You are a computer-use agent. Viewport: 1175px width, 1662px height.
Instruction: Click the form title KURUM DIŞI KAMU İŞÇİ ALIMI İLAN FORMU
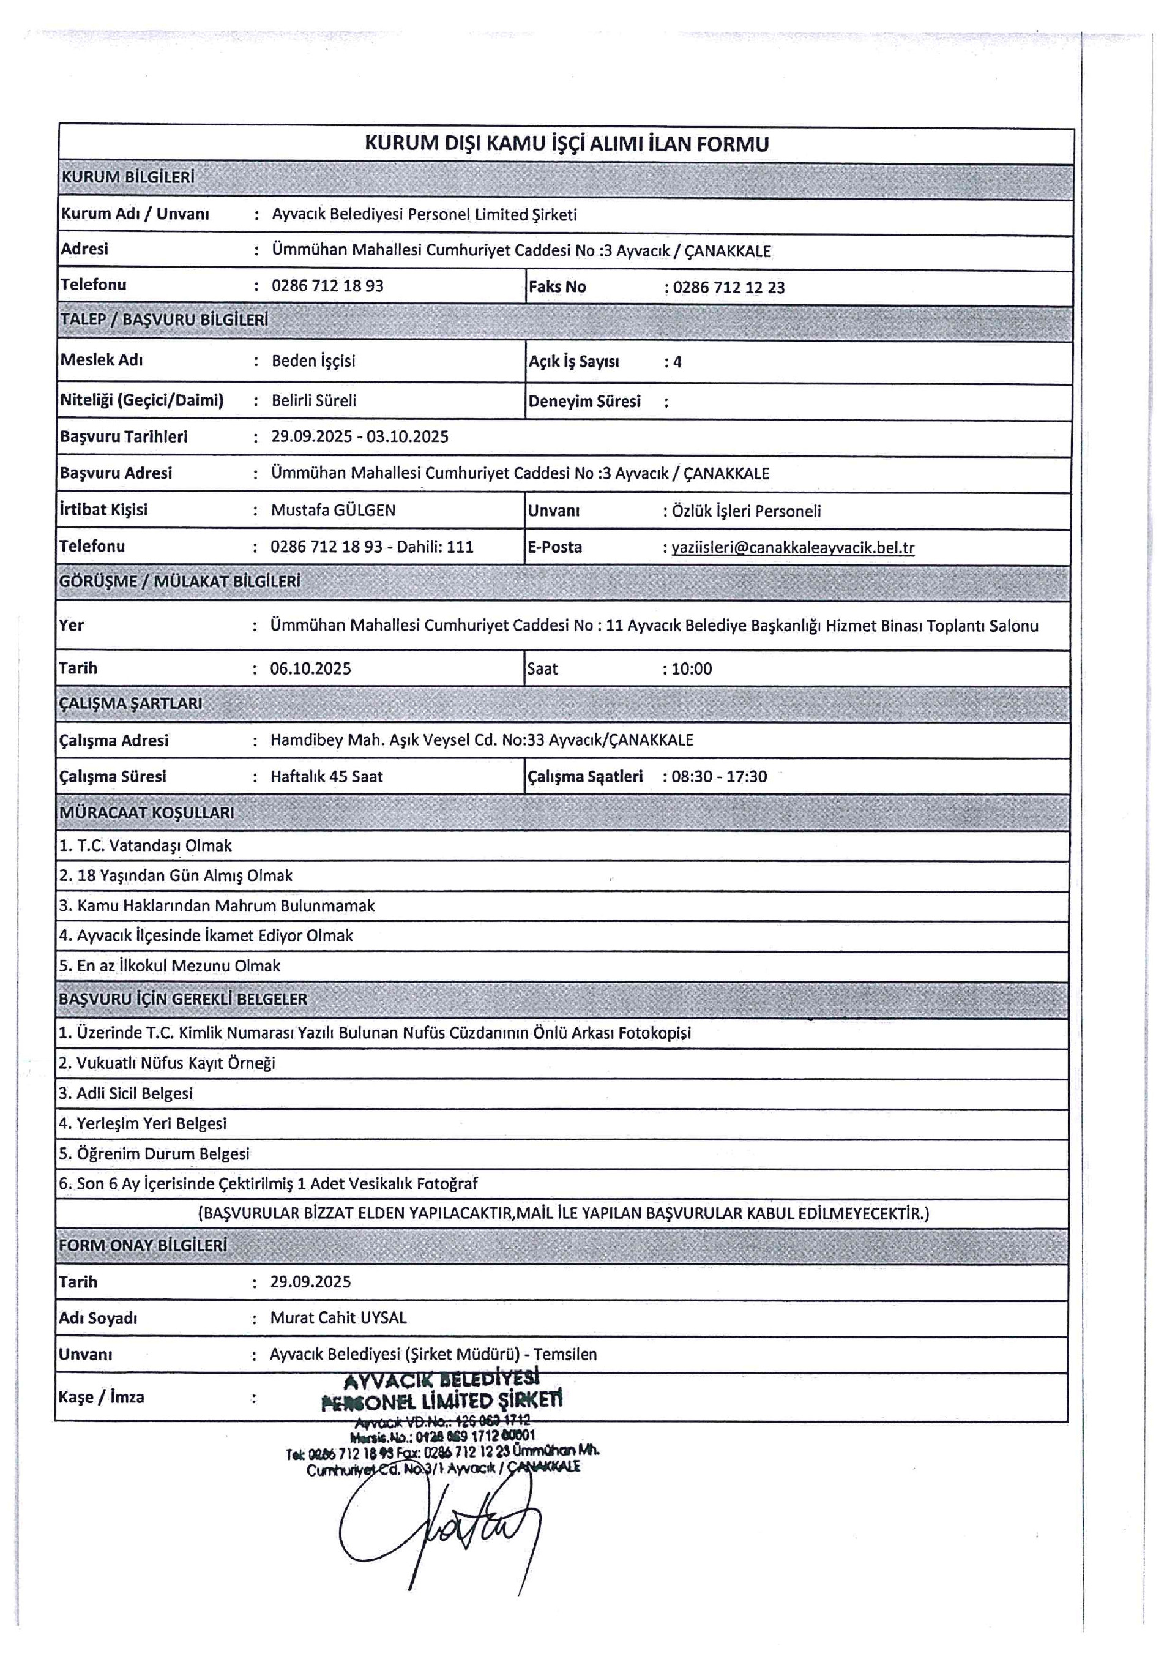point(566,144)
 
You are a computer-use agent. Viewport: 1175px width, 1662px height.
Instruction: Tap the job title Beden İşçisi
point(313,361)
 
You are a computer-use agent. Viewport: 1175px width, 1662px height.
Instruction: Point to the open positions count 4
point(677,362)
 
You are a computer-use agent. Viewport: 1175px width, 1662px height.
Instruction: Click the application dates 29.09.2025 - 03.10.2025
point(360,436)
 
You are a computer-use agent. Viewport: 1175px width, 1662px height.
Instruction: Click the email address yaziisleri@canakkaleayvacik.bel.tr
point(793,547)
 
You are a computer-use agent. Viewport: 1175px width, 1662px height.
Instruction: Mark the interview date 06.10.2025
point(310,668)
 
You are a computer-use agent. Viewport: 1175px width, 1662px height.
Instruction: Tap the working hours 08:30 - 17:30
point(718,777)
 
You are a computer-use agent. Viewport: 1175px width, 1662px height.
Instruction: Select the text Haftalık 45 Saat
point(326,777)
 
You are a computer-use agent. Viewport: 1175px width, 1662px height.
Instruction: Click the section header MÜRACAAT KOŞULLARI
point(146,813)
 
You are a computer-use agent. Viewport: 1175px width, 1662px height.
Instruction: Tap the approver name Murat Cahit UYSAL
point(338,1317)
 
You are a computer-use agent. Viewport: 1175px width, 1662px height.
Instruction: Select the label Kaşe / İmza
point(102,1397)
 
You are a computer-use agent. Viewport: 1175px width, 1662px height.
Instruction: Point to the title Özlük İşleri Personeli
point(746,511)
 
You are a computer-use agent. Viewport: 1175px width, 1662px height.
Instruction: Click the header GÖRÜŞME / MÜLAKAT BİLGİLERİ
point(179,582)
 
